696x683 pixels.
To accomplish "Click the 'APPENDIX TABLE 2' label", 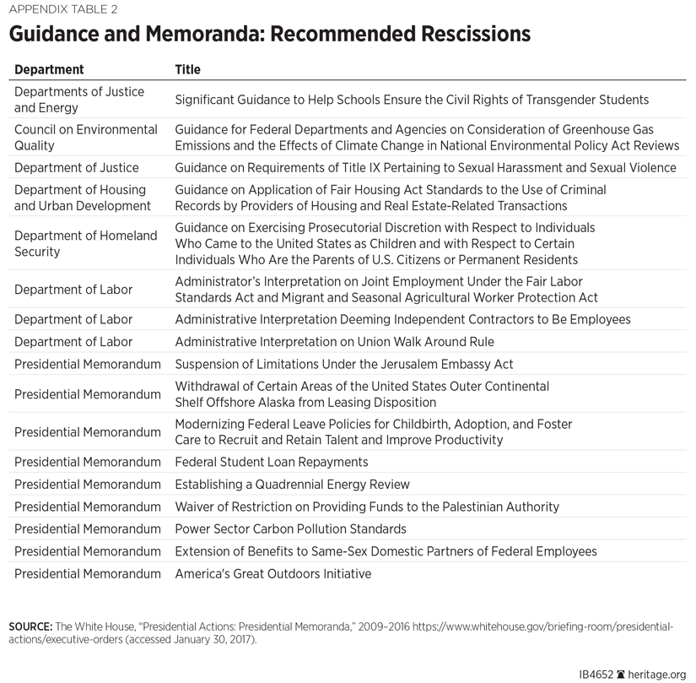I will (64, 10).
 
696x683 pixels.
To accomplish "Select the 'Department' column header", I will (49, 69).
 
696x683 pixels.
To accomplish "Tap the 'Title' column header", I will (187, 69).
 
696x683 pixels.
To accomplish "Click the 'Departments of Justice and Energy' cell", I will (79, 100).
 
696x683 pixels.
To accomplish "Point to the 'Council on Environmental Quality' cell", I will (85, 138).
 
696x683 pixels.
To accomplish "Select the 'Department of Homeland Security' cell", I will (85, 244).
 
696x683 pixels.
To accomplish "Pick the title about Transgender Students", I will (412, 100).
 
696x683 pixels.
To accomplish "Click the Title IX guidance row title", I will (425, 168).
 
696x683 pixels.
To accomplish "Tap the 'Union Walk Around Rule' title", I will (334, 342).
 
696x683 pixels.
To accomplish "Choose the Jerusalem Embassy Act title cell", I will (343, 364).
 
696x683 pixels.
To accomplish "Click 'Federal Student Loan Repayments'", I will (271, 462).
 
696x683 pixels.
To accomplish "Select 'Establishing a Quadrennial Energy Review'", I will (292, 485).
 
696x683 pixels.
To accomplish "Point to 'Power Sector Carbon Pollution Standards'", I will (290, 529).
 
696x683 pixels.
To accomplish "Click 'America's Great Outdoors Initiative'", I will (272, 574).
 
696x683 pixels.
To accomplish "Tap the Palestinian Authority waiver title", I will (367, 507).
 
